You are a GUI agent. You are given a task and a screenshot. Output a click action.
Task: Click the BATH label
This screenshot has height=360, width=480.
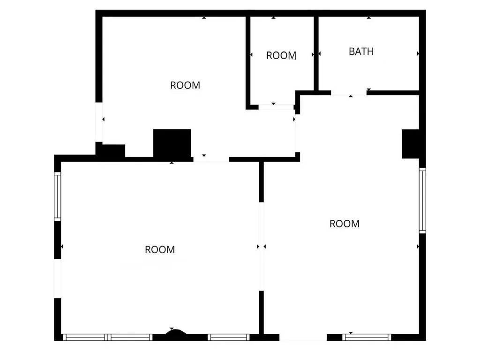(x=361, y=52)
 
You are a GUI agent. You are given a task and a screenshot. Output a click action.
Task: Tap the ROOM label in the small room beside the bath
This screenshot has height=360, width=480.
(x=281, y=55)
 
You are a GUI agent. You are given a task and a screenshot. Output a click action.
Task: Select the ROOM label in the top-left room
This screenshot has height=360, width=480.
(x=185, y=85)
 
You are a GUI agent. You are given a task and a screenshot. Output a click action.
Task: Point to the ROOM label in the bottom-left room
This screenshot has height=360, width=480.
(x=160, y=250)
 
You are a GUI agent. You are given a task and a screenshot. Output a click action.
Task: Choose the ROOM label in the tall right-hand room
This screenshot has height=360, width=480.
(x=345, y=224)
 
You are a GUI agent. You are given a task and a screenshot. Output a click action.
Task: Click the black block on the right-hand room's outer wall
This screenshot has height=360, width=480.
(x=411, y=143)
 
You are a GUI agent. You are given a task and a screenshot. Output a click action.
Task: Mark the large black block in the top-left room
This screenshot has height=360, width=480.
(x=172, y=143)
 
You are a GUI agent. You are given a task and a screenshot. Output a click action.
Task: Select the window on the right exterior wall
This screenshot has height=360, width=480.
(x=422, y=201)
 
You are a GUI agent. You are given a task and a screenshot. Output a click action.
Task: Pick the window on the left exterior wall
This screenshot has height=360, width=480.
(x=57, y=196)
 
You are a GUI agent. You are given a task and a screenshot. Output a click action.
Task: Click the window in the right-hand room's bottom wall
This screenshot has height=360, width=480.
(x=367, y=337)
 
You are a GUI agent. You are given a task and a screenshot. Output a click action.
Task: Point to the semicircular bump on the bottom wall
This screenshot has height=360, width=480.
(x=176, y=333)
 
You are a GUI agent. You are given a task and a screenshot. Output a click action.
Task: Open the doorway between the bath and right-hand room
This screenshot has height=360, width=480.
(x=349, y=93)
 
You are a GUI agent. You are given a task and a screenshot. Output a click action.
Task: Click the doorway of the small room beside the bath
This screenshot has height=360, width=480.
(x=276, y=107)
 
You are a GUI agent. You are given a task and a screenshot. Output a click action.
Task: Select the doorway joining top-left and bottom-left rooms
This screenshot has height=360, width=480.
(x=211, y=159)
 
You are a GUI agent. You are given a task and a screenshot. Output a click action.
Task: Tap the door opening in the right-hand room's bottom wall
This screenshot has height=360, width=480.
(x=303, y=337)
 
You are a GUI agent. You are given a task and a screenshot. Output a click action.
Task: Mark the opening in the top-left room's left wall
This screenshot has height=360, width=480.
(x=99, y=122)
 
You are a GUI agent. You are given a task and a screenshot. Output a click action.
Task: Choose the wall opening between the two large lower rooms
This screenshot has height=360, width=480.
(x=261, y=247)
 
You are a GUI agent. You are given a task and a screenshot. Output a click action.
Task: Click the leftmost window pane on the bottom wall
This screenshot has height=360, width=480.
(x=85, y=337)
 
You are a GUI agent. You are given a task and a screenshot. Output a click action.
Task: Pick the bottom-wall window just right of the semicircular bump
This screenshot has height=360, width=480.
(x=228, y=337)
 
